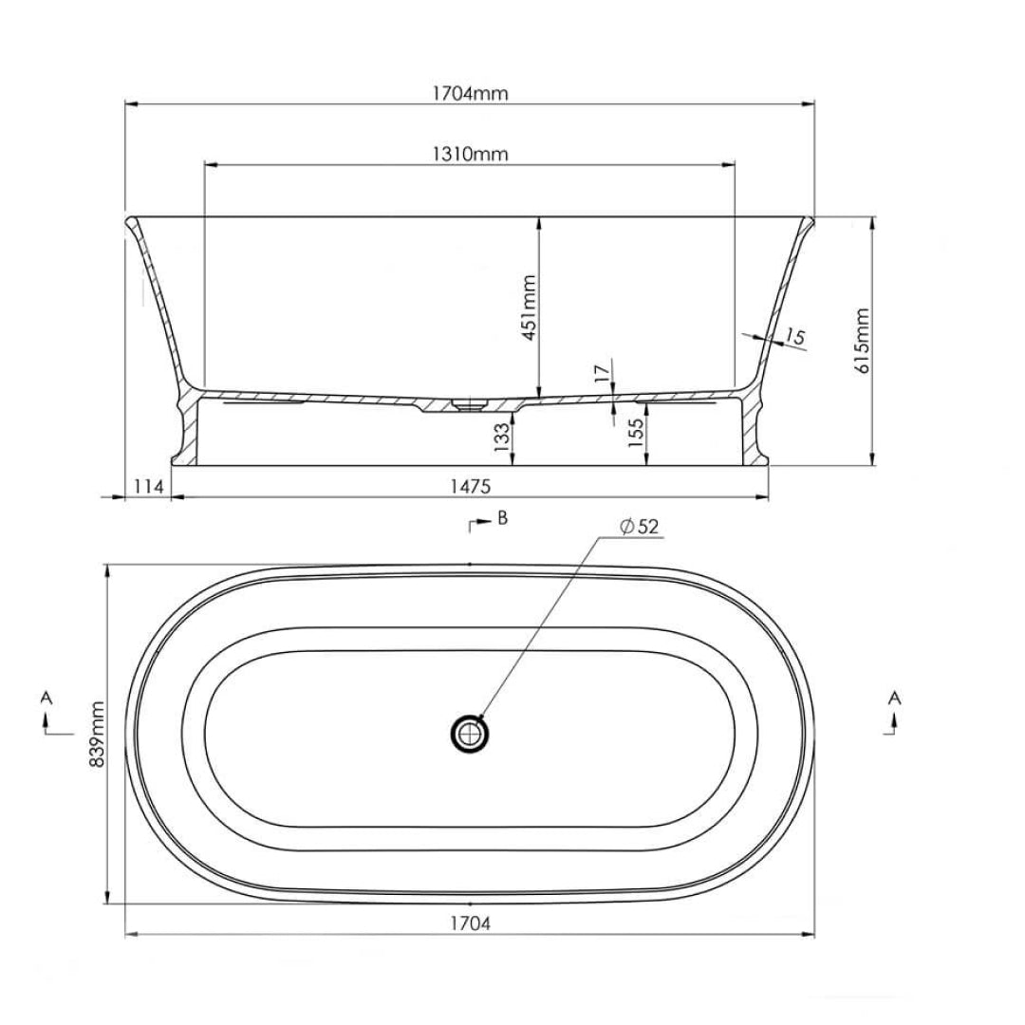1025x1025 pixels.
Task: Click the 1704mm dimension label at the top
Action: coord(470,93)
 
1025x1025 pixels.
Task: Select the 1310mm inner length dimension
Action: coord(470,155)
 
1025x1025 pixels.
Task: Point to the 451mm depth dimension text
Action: coord(529,307)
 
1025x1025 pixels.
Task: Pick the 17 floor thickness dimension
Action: coord(602,373)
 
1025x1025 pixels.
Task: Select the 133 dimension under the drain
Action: coord(501,438)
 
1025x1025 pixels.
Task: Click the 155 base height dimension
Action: coord(635,433)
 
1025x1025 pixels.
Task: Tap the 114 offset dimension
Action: coord(148,486)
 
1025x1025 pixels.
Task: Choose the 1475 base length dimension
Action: coord(470,486)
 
